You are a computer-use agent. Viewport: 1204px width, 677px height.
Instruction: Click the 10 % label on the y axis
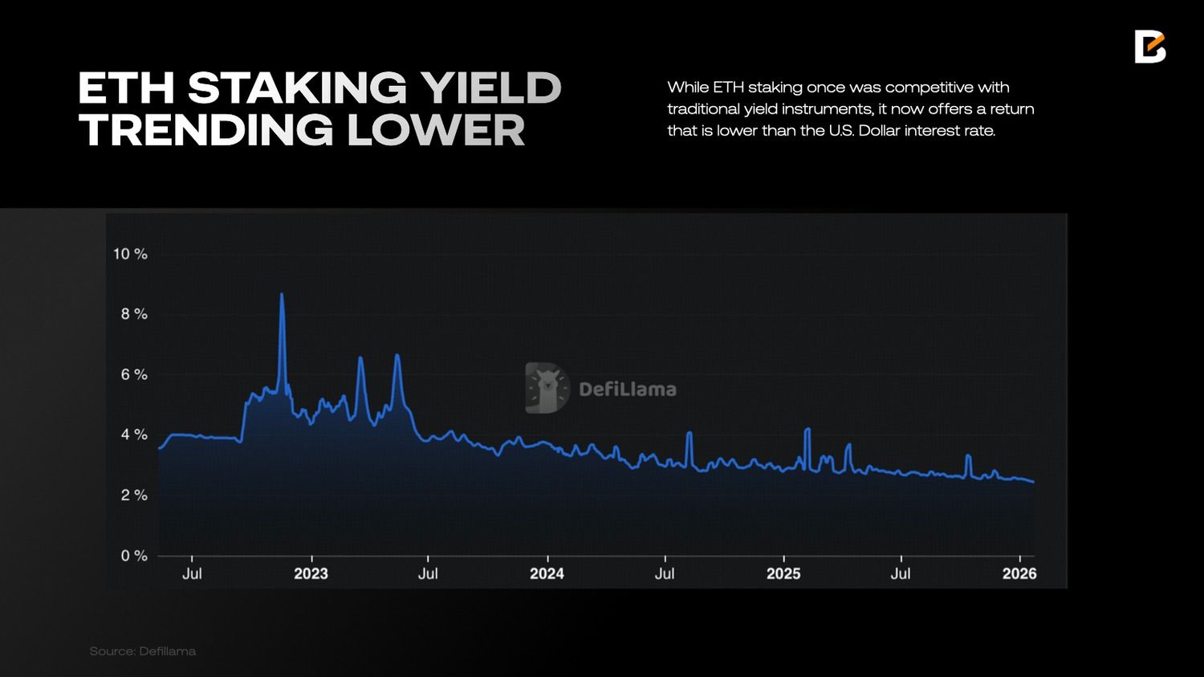(x=130, y=254)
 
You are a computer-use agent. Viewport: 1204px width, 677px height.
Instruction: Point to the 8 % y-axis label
(x=134, y=314)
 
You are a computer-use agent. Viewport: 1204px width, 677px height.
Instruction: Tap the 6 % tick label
(x=134, y=374)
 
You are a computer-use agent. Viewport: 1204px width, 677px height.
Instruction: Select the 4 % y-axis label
(x=134, y=434)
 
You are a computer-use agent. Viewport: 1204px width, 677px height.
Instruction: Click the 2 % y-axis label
(x=134, y=495)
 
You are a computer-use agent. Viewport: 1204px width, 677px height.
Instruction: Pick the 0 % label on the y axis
(x=134, y=556)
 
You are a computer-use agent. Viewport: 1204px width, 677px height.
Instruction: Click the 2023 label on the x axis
(x=311, y=573)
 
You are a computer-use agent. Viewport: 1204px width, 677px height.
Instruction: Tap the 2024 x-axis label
(x=547, y=573)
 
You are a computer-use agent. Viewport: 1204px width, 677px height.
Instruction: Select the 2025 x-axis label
(x=783, y=573)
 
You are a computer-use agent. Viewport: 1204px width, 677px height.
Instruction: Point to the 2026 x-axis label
(x=1019, y=573)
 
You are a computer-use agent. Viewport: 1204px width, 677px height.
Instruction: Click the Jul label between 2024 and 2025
(x=665, y=573)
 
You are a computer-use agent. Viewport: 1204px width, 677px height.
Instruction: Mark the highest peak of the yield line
(x=281, y=295)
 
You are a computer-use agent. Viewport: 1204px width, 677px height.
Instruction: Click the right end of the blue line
(x=1033, y=482)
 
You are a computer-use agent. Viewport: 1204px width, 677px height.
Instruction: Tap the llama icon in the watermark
(x=547, y=388)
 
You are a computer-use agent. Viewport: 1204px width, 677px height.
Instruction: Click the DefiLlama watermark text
(x=628, y=389)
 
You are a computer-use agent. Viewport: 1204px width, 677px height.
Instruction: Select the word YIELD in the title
(x=491, y=88)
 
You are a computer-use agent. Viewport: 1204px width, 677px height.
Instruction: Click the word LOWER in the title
(x=436, y=131)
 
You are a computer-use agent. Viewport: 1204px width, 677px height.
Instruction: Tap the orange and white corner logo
(x=1149, y=47)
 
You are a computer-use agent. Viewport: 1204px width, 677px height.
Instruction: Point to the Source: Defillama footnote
(x=143, y=650)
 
